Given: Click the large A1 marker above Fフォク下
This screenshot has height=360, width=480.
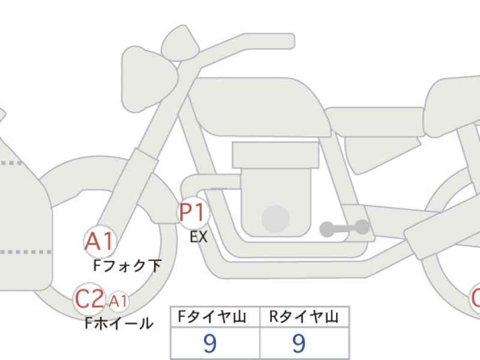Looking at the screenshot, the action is (100, 242).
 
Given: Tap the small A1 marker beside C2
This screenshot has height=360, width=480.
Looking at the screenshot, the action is (118, 301).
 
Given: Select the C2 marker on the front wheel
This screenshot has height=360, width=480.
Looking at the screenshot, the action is (89, 299).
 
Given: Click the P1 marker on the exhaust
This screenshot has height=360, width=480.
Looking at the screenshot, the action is (193, 213).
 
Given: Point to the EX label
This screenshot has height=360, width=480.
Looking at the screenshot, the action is (199, 237).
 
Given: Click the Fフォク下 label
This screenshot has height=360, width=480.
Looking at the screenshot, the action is (127, 265).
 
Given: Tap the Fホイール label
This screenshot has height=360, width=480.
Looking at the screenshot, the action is (119, 323).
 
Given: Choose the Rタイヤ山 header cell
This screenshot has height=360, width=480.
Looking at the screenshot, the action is (304, 317).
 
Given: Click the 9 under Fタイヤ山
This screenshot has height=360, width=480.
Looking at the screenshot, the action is (210, 343).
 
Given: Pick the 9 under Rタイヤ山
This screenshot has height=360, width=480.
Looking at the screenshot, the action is (299, 343).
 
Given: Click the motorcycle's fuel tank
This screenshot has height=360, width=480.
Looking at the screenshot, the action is (259, 107).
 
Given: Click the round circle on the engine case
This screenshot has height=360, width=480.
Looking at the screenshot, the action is (276, 219).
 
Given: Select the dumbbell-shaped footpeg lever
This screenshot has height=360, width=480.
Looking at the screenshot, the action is (344, 229).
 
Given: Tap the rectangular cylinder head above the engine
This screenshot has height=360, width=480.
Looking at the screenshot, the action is (275, 155).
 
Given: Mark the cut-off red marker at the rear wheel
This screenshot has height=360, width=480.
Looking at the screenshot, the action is (475, 298).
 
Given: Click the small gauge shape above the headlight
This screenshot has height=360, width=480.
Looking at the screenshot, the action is (181, 44).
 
